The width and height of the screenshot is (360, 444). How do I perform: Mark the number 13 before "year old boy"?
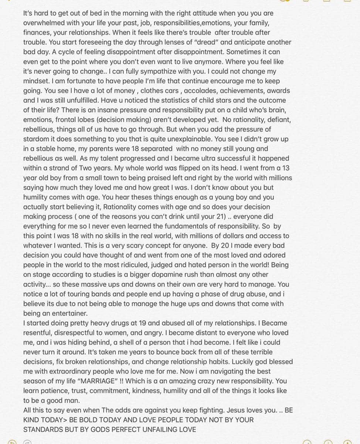point(286,168)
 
